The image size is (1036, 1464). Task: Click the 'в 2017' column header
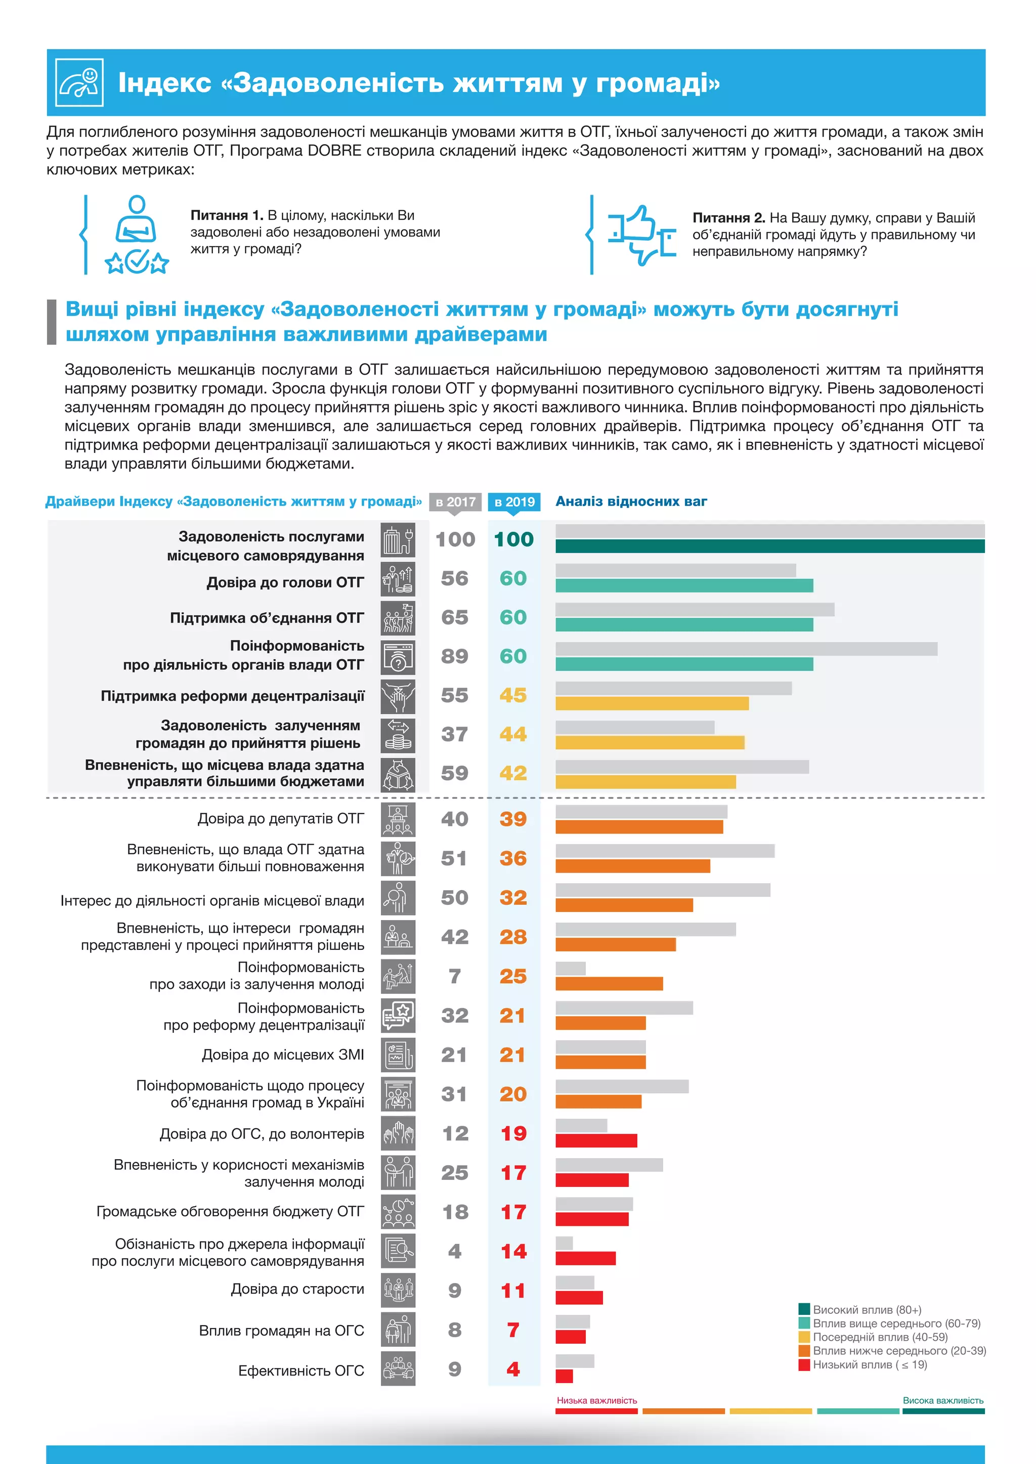(x=455, y=502)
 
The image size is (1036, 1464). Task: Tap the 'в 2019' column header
(x=514, y=502)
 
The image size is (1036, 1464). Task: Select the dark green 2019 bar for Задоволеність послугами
(x=769, y=546)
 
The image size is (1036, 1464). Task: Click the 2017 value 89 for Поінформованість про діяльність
(x=454, y=656)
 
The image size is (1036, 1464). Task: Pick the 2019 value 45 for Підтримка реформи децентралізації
(x=513, y=695)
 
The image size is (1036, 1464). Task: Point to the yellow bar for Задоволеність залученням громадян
(x=650, y=742)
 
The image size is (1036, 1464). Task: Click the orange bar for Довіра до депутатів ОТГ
(x=639, y=827)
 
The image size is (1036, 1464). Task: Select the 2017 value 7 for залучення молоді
(x=454, y=976)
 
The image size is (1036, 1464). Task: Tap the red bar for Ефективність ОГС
(x=564, y=1376)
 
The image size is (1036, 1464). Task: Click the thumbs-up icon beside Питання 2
(x=641, y=235)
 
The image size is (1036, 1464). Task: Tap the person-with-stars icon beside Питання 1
(x=137, y=235)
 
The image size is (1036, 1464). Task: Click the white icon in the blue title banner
(x=79, y=82)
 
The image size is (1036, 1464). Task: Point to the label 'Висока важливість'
(x=943, y=1400)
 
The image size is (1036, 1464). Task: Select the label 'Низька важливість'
(x=596, y=1400)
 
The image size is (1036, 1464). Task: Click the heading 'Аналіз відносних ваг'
(x=631, y=501)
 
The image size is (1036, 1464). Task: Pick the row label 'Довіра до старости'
(x=297, y=1289)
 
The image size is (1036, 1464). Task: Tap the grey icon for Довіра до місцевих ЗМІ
(x=398, y=1055)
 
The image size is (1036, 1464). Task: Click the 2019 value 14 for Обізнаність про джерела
(x=513, y=1252)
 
